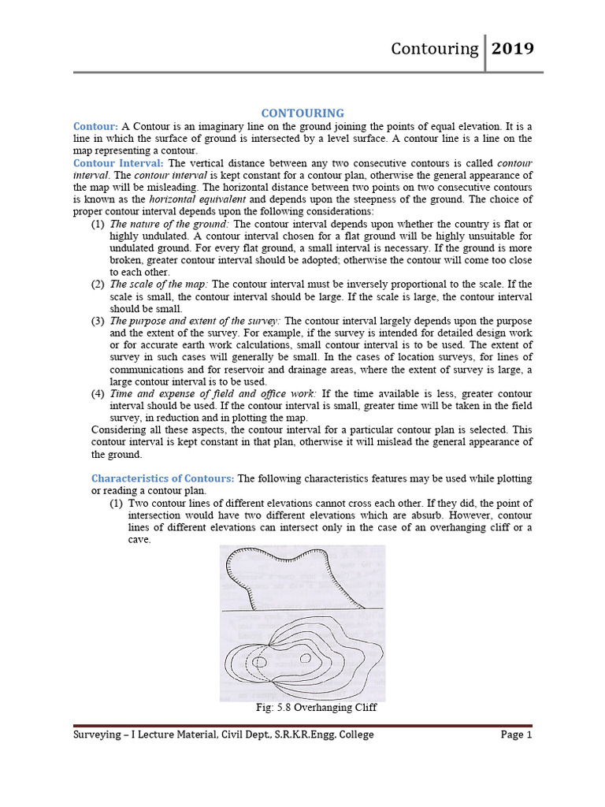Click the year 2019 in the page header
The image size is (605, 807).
(x=513, y=49)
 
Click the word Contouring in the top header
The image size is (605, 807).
(x=435, y=49)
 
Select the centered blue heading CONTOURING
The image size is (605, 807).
(x=302, y=113)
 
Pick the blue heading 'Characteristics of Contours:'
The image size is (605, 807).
(x=163, y=478)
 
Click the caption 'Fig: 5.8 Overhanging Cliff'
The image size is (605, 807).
(x=317, y=708)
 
